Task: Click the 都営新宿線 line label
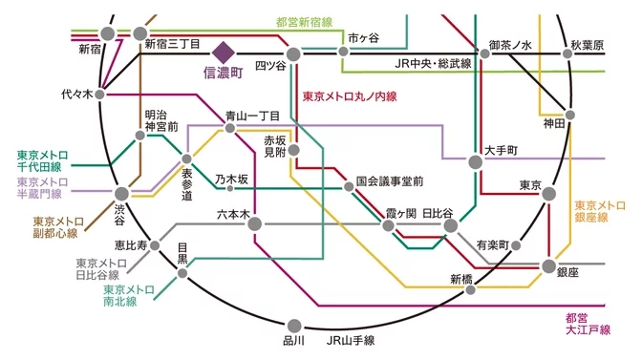point(303,21)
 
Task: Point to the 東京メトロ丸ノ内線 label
point(349,96)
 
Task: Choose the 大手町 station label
point(501,150)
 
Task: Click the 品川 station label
point(293,340)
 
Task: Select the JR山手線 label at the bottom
point(350,340)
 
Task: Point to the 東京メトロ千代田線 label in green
point(39,160)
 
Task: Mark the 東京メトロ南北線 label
point(130,295)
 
